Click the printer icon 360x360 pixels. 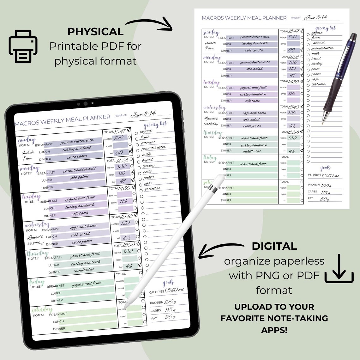(x=23, y=47)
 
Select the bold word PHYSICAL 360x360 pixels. (x=95, y=32)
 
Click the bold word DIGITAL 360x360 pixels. (x=274, y=246)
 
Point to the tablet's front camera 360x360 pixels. (x=85, y=104)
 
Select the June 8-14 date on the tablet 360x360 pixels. (x=143, y=114)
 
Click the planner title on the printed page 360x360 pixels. (x=244, y=18)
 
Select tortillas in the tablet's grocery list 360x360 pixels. (x=152, y=189)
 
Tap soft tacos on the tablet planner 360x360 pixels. (x=80, y=213)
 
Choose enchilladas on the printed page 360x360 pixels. (x=251, y=151)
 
